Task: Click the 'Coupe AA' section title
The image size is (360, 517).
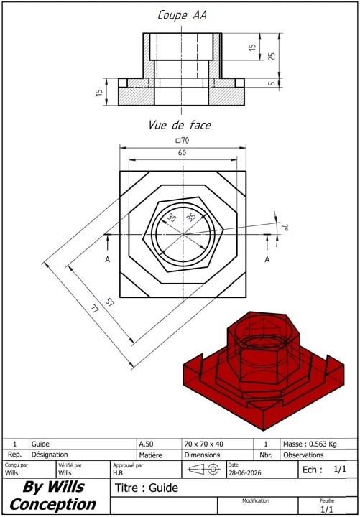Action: (x=182, y=15)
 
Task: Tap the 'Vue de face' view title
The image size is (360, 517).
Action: (x=180, y=125)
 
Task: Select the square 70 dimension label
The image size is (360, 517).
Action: (x=183, y=141)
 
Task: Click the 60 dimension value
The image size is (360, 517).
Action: (x=182, y=153)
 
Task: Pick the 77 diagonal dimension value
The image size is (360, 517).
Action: (x=94, y=310)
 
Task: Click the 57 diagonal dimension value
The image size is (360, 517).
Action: (x=109, y=302)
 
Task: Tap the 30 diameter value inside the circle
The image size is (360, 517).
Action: (x=171, y=218)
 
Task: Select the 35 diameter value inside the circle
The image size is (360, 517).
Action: (x=191, y=216)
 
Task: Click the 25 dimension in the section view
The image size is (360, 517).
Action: (x=272, y=56)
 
